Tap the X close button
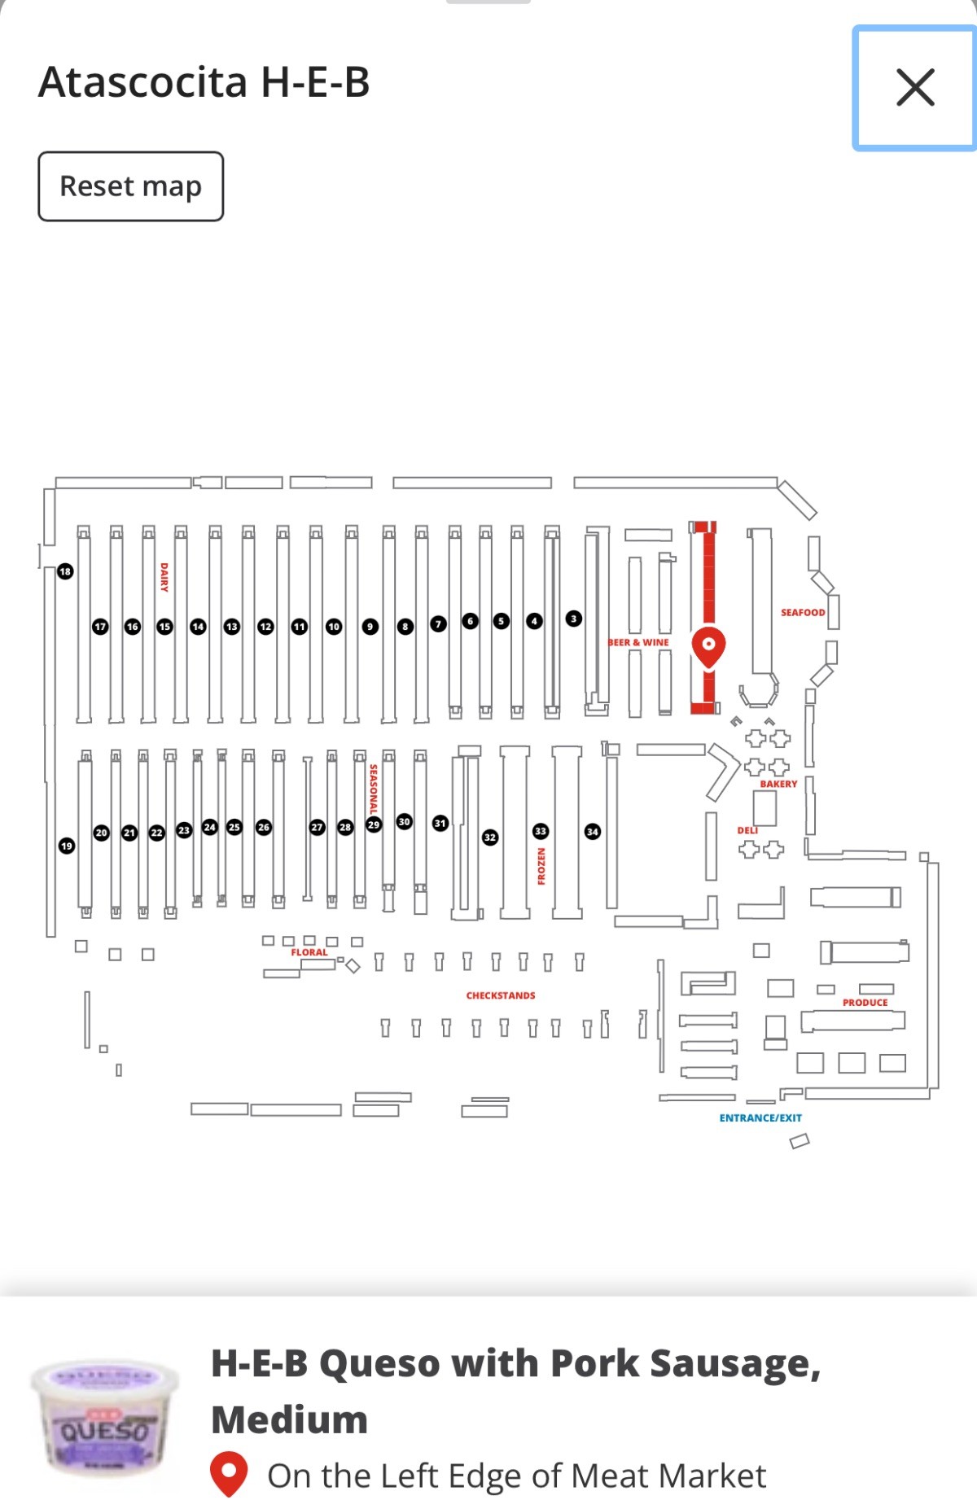click(914, 88)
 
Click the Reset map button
click(130, 186)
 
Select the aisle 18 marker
click(65, 571)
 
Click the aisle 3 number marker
click(573, 619)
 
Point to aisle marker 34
click(593, 831)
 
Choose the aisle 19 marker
click(67, 846)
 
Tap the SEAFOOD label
click(803, 612)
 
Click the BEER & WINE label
click(639, 642)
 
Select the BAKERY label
click(778, 784)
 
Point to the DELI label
click(747, 830)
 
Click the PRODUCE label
click(865, 1003)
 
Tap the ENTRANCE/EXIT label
click(760, 1117)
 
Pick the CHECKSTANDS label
click(501, 995)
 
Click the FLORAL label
click(309, 952)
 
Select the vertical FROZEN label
click(541, 866)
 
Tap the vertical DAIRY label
click(164, 576)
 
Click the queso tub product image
click(104, 1419)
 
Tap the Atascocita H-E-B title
click(204, 82)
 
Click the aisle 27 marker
click(318, 827)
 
